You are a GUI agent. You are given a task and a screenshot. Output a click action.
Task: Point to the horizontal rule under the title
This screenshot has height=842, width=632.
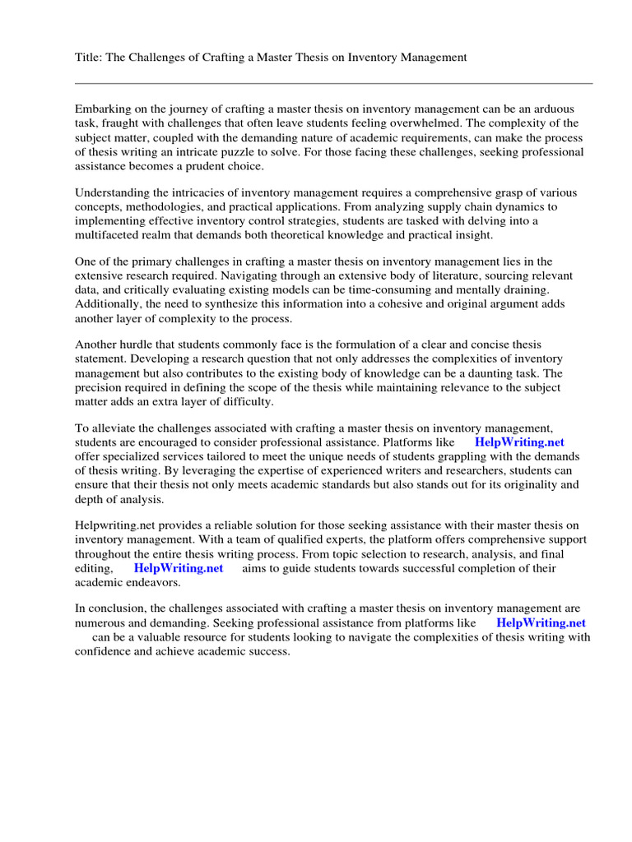click(333, 83)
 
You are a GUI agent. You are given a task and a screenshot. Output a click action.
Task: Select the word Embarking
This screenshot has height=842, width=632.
click(104, 109)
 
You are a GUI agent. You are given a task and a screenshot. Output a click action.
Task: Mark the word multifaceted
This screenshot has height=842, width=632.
click(109, 235)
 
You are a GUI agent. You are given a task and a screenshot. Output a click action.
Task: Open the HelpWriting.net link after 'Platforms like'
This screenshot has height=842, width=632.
click(519, 442)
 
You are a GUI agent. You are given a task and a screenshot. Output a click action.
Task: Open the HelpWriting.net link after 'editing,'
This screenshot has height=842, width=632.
click(179, 568)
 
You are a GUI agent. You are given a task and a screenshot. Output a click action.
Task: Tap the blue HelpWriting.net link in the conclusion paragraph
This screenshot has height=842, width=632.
click(541, 622)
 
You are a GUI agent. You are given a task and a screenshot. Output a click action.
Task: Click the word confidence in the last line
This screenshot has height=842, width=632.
click(105, 651)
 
